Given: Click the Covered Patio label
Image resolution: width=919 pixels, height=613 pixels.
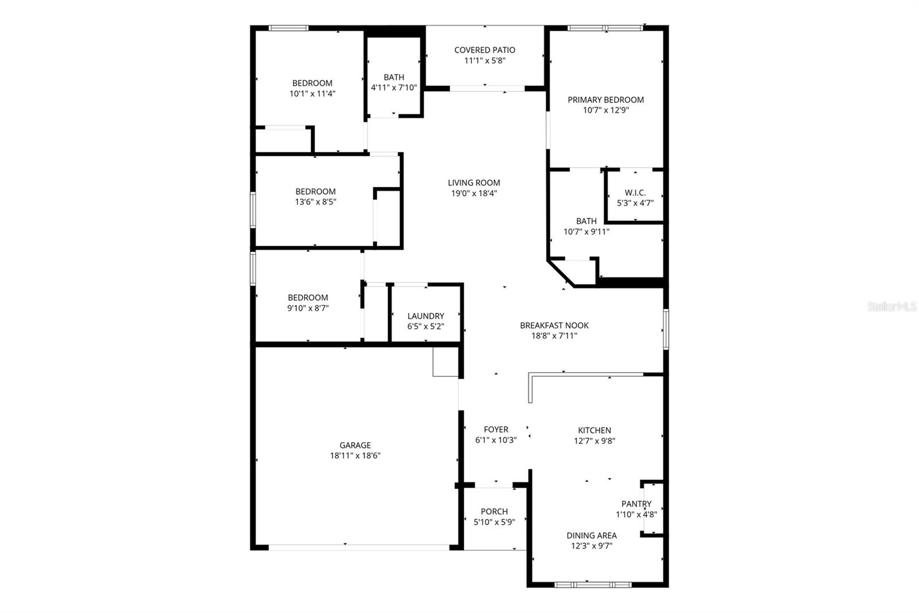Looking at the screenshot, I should pyautogui.click(x=484, y=50).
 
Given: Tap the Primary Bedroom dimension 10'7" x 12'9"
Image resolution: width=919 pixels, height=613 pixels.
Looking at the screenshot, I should pyautogui.click(x=605, y=110).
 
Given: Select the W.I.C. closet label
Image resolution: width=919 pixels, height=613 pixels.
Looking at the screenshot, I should pyautogui.click(x=635, y=193).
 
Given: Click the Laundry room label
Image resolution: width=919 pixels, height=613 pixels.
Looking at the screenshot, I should pyautogui.click(x=426, y=316).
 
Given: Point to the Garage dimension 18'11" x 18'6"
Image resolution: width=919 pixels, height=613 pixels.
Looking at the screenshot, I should pyautogui.click(x=355, y=455).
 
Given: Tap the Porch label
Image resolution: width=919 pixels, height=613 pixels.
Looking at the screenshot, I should pyautogui.click(x=494, y=511).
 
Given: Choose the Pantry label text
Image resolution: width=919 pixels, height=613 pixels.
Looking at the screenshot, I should pyautogui.click(x=636, y=504).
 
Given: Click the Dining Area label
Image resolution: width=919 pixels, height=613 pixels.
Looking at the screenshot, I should pyautogui.click(x=591, y=535).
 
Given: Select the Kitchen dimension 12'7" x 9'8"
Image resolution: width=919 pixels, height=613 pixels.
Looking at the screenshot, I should pyautogui.click(x=594, y=441).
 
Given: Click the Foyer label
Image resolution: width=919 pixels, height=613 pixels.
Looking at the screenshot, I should pyautogui.click(x=496, y=430).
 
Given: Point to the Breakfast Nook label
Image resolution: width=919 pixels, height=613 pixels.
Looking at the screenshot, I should pyautogui.click(x=554, y=325).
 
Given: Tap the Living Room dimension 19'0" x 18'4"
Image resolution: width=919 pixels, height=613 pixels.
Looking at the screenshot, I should pyautogui.click(x=474, y=194).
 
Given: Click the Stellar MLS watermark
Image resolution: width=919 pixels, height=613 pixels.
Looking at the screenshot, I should pyautogui.click(x=891, y=307).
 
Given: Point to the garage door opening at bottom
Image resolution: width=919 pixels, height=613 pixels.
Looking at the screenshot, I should pyautogui.click(x=359, y=547).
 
